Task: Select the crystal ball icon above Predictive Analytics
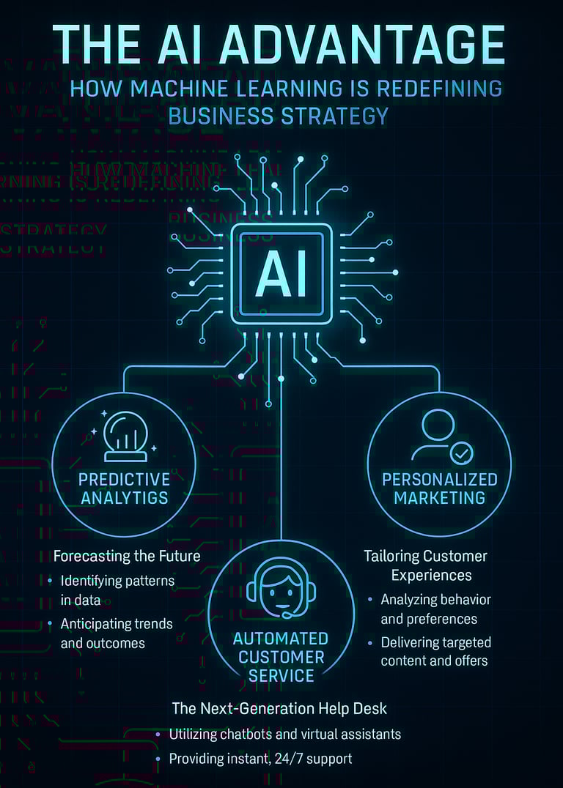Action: [x=124, y=436]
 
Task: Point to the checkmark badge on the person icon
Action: [x=461, y=454]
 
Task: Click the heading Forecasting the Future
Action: [x=127, y=556]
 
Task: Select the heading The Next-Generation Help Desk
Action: [x=279, y=708]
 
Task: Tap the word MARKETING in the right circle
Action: [x=439, y=498]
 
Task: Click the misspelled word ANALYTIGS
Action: [x=124, y=498]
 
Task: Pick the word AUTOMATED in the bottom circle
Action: [x=281, y=639]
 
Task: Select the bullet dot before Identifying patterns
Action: [x=50, y=581]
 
